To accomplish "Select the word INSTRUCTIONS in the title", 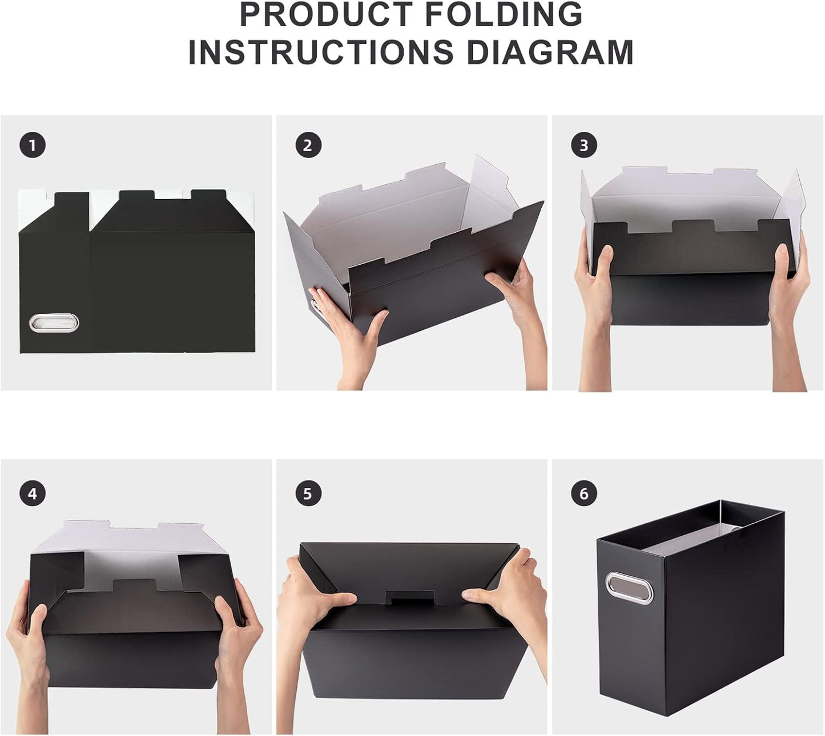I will [x=321, y=52].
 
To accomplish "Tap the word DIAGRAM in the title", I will [x=550, y=52].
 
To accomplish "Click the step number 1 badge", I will [x=32, y=145].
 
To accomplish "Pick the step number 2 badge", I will [x=308, y=145].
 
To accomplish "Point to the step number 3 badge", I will [x=583, y=145].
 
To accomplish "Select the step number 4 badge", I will [x=32, y=493].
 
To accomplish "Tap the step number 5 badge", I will [x=308, y=493].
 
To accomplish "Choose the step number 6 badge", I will [x=583, y=493].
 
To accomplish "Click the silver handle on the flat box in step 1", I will [x=54, y=322].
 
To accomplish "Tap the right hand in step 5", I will [x=502, y=593].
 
